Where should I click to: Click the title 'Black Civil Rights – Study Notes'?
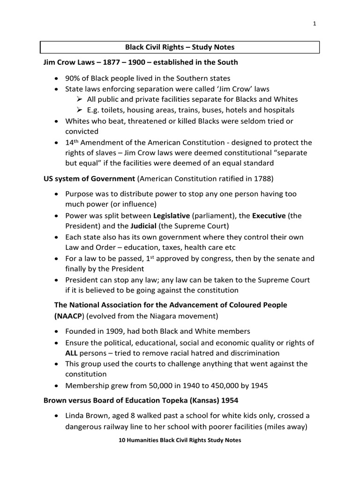(x=180, y=47)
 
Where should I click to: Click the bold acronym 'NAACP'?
(x=67, y=315)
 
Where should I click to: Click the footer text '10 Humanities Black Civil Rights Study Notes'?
(x=180, y=441)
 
